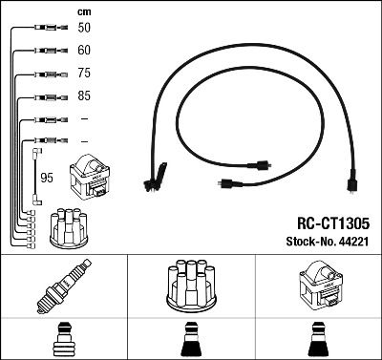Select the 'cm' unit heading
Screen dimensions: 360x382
click(84, 11)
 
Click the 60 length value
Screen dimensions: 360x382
click(85, 51)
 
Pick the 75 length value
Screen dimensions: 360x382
click(85, 74)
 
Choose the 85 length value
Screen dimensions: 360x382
click(85, 96)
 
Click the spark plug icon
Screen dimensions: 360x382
click(64, 289)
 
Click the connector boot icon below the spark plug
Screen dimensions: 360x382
click(64, 340)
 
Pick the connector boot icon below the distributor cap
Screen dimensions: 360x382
click(191, 340)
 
